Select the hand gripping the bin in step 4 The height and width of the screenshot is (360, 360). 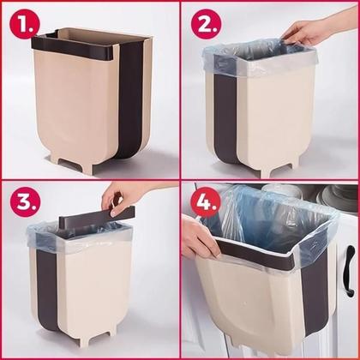pyautogui.click(x=199, y=238)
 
